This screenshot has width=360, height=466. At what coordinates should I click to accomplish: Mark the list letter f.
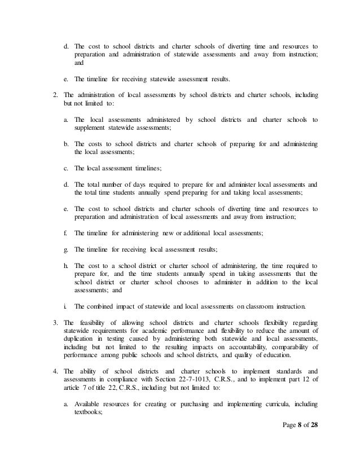[x=66, y=233]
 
